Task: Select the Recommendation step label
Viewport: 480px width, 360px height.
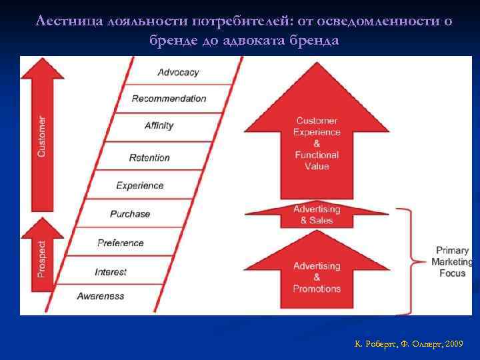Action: coord(169,99)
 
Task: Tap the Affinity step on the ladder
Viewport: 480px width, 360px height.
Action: coord(159,125)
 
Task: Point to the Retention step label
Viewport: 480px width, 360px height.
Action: coord(149,158)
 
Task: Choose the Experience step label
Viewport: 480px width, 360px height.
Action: coord(140,185)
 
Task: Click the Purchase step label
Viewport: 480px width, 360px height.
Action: coord(130,214)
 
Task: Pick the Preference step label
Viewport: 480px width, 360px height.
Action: coord(120,243)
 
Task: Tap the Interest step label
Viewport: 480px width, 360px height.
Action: coord(111,272)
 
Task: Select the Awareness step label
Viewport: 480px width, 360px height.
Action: coord(101,296)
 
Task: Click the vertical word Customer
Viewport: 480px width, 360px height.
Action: coord(42,137)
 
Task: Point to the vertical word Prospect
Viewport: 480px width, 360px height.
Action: coord(42,259)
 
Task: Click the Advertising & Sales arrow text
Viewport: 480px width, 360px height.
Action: coord(317,215)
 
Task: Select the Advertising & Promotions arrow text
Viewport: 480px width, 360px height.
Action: coord(317,277)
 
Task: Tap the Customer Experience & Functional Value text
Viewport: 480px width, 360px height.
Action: coord(317,143)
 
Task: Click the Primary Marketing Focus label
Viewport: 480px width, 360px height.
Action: coord(453,262)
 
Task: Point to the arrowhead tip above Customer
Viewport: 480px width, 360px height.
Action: coord(42,59)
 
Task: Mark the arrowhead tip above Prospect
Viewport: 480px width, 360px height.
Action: coord(42,219)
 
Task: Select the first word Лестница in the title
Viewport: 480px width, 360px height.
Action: coord(66,21)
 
